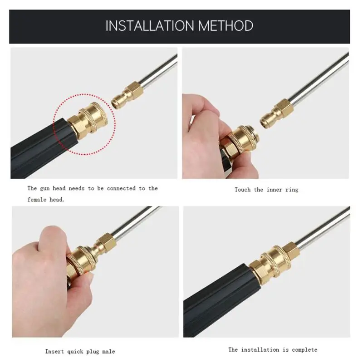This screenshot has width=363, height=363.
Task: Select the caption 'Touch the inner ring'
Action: coord(266,190)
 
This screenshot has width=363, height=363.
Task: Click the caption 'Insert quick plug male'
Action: coord(80,351)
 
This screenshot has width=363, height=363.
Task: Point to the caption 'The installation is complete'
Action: coord(273,349)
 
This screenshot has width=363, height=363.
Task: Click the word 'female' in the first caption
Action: coord(38,199)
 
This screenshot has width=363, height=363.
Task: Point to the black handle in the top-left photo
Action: coord(36,145)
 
